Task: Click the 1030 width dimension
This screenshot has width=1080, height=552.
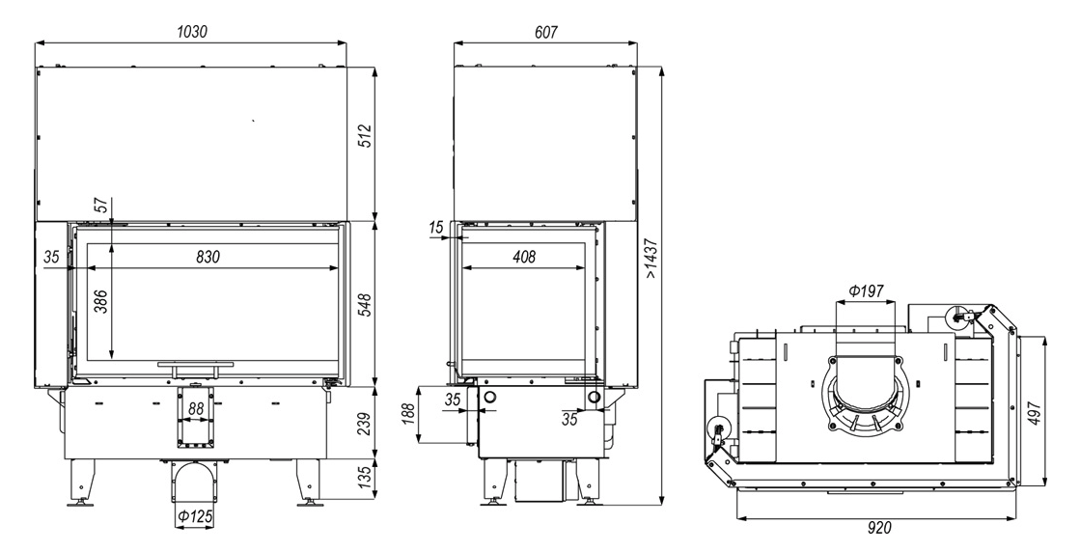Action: [x=192, y=31]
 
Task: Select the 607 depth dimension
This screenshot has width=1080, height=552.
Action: [x=545, y=31]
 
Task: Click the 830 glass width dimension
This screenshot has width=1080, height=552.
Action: [x=208, y=257]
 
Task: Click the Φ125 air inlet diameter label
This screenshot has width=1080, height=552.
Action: [x=194, y=518]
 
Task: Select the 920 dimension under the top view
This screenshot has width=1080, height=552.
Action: [x=878, y=528]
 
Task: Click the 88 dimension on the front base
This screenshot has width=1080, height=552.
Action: [x=196, y=408]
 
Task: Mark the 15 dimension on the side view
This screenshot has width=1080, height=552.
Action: [x=436, y=227]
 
